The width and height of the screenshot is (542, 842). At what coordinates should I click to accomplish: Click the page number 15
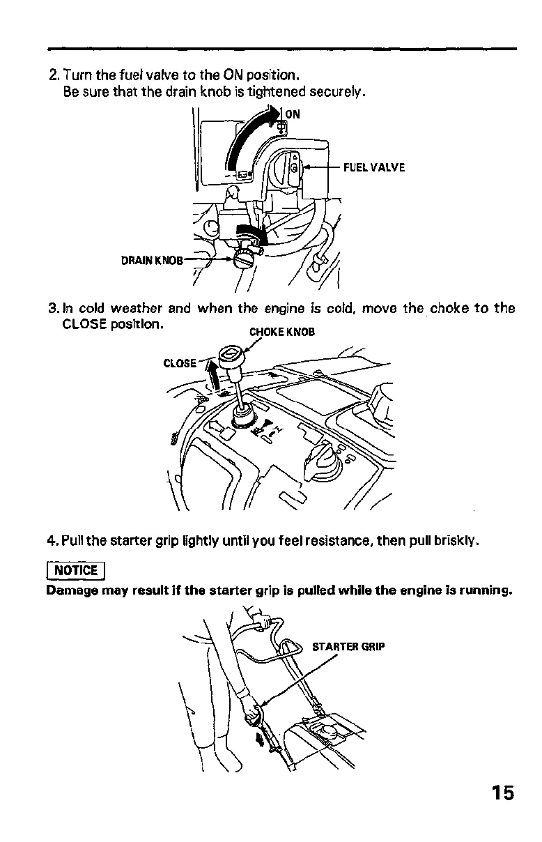502,793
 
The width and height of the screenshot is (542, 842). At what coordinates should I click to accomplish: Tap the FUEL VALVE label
373,167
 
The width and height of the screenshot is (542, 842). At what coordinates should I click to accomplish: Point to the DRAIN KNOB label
152,261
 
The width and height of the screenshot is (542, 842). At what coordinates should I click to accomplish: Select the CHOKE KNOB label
282,332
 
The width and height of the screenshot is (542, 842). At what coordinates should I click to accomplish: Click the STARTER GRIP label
348,646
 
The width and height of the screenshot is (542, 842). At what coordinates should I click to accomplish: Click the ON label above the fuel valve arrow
293,114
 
